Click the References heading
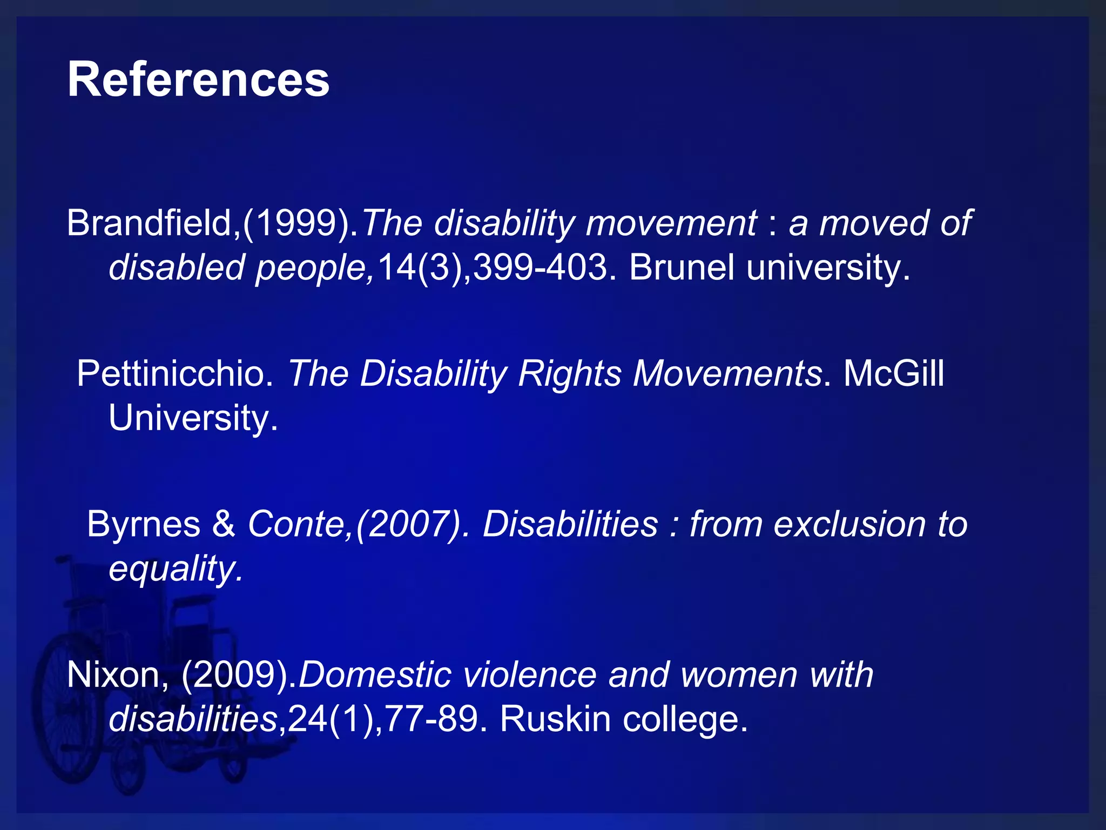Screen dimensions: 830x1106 tap(198, 80)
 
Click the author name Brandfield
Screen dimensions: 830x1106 tap(149, 223)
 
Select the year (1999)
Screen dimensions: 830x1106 tap(298, 223)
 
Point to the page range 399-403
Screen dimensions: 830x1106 tap(540, 267)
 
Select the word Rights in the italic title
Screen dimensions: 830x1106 tap(570, 373)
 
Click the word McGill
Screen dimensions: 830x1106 tap(894, 373)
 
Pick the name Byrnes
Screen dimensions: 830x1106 tap(144, 524)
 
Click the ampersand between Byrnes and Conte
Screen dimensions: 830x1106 tap(224, 524)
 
